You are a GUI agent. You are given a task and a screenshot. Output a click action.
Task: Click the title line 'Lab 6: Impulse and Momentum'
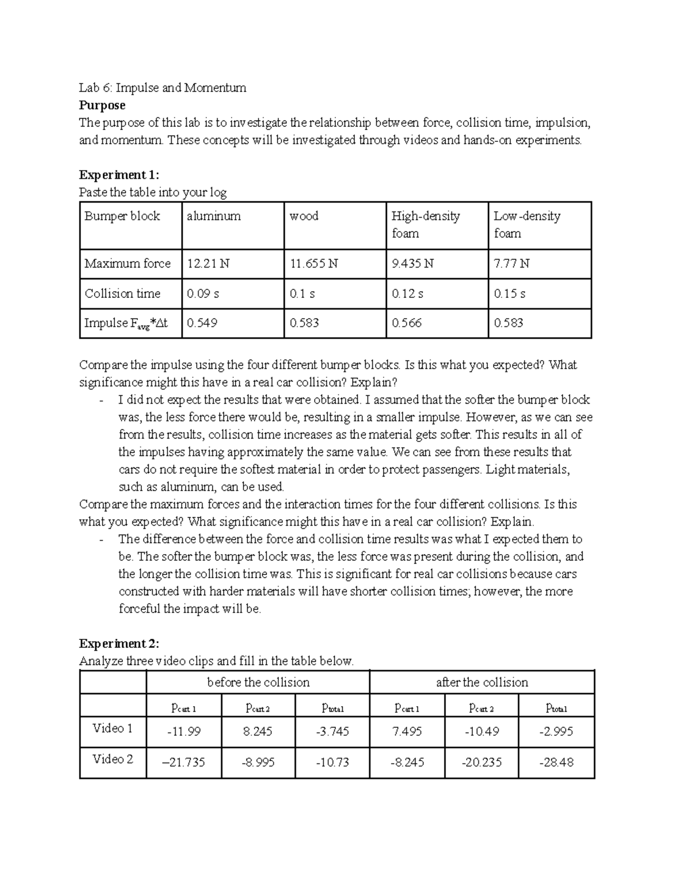point(163,87)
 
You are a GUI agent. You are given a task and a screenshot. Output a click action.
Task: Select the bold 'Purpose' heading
point(102,105)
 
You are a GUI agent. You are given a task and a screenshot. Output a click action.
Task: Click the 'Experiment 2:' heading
point(119,643)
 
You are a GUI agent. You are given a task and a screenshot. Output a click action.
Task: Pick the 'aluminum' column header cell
point(214,216)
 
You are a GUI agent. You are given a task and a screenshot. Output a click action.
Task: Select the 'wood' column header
point(304,216)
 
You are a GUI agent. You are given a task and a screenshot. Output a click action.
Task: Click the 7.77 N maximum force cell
point(511,263)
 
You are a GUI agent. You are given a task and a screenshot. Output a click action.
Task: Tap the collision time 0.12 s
point(407,293)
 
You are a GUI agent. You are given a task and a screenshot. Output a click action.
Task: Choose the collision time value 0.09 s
point(202,293)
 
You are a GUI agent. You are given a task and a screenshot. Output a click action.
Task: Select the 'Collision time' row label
point(122,293)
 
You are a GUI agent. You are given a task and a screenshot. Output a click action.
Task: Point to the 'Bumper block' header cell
point(122,216)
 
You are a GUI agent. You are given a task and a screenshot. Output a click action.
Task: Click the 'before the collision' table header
point(258,683)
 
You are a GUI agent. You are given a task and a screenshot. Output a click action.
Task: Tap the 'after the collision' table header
point(482,683)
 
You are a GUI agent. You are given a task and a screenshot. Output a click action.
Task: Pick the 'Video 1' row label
point(112,729)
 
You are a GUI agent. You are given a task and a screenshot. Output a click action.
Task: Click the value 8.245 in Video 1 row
point(259,731)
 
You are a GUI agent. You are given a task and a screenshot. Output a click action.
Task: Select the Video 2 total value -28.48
point(556,762)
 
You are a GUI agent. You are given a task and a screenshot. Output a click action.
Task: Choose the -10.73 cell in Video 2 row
point(333,762)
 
